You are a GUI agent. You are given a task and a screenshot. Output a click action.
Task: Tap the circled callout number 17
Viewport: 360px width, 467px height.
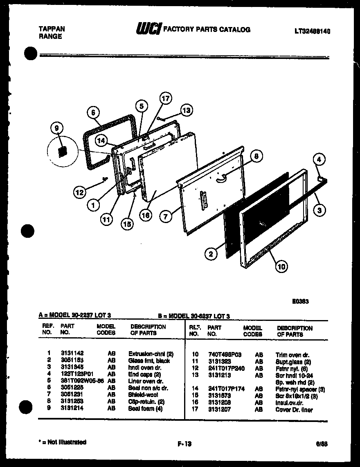[x=165, y=98]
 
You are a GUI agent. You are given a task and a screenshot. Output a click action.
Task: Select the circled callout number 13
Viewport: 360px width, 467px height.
[x=186, y=110]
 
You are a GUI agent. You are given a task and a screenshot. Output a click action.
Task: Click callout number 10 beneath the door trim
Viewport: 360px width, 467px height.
[x=281, y=266]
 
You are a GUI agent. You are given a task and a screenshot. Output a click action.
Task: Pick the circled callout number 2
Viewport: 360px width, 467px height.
[x=211, y=254]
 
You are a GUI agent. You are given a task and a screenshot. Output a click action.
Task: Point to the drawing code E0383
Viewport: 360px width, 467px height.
[x=300, y=301]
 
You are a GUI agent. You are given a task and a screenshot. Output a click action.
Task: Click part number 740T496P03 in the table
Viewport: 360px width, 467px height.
[x=225, y=354]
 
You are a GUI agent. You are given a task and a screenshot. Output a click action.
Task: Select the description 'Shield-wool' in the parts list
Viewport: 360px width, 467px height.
[x=143, y=395]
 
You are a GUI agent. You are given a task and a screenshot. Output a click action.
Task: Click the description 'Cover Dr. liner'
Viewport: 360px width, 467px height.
[x=294, y=410]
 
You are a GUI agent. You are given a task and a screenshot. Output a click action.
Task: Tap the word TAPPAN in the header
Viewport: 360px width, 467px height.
[x=51, y=29]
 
